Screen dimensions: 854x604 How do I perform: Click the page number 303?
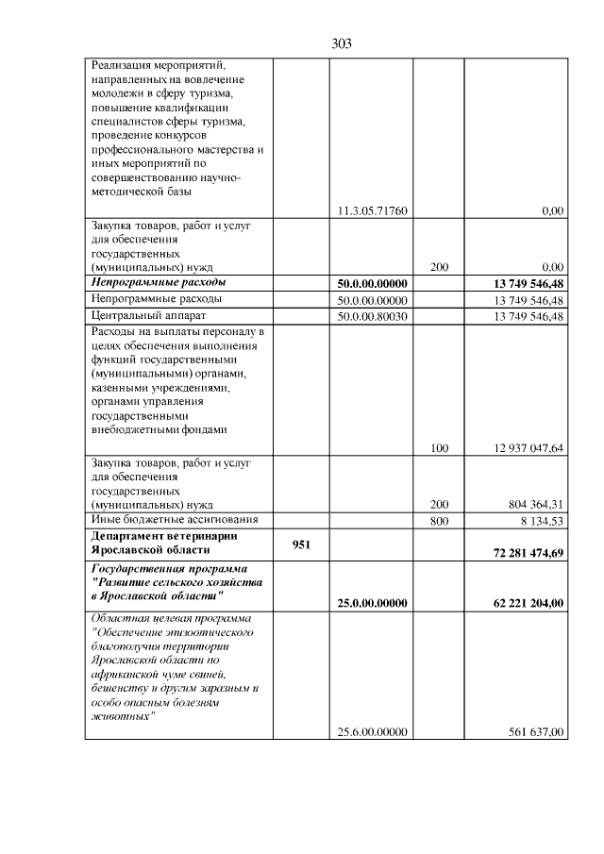[x=342, y=43]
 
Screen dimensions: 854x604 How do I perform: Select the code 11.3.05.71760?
[x=372, y=210]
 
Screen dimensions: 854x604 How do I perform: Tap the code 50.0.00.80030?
[x=372, y=315]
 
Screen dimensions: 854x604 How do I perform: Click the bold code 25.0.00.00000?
[x=372, y=603]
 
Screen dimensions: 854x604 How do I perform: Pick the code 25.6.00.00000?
[x=372, y=731]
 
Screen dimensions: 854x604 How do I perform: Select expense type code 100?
[x=439, y=448]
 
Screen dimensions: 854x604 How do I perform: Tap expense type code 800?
[x=439, y=520]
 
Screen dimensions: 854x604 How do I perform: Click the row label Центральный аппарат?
[x=147, y=315]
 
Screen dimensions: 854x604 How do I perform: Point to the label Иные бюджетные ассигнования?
[x=174, y=520]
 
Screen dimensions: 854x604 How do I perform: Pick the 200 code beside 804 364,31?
[x=439, y=505]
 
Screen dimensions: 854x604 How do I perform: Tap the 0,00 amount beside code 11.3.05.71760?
[x=552, y=210]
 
